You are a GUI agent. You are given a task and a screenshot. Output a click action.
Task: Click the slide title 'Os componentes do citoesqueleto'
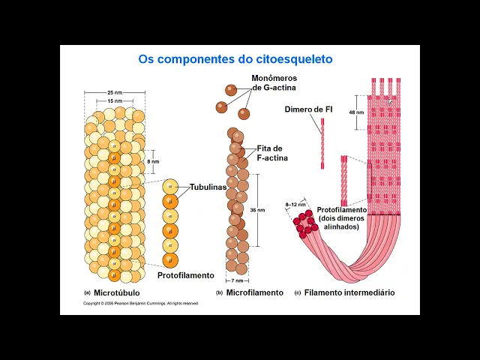point(235,58)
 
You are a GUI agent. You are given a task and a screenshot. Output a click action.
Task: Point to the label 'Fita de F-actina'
point(272,153)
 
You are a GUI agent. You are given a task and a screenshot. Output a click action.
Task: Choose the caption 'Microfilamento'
point(255,292)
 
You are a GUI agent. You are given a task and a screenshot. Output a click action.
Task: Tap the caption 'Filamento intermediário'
point(349,292)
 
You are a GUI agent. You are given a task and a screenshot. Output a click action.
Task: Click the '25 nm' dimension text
point(115,92)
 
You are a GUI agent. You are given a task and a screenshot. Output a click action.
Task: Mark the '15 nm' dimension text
point(114,100)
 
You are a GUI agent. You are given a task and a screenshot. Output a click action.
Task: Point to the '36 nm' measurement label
point(258,210)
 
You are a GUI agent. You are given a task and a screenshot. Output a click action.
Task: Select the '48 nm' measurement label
point(356,112)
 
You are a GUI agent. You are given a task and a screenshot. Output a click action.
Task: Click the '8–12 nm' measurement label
point(295,204)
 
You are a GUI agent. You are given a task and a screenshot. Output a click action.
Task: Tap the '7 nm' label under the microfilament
point(238,280)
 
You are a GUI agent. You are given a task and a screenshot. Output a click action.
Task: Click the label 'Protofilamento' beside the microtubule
point(185,275)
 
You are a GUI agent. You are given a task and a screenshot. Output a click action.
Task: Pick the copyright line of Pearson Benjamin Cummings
point(140,304)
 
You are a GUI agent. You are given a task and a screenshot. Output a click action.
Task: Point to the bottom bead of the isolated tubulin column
point(170,259)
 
